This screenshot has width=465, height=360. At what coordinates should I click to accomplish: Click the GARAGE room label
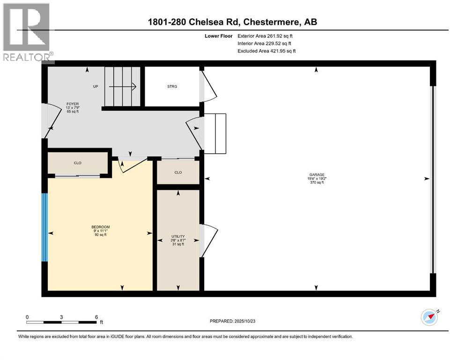click(x=316, y=174)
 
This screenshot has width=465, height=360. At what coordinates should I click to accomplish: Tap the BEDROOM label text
click(x=100, y=227)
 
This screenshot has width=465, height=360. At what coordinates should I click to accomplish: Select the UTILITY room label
click(x=178, y=236)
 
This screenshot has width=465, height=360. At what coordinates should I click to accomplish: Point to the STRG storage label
click(x=172, y=86)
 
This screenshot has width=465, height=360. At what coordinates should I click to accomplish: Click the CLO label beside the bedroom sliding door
click(x=78, y=163)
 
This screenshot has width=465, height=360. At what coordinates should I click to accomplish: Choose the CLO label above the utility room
click(x=178, y=172)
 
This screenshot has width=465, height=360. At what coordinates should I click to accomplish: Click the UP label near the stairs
click(x=96, y=86)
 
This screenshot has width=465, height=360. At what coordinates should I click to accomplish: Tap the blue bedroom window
click(x=44, y=227)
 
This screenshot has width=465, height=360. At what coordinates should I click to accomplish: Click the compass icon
click(x=429, y=317)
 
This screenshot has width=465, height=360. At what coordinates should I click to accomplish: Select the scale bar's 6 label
click(x=96, y=317)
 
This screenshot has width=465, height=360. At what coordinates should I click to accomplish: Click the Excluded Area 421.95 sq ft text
click(x=266, y=51)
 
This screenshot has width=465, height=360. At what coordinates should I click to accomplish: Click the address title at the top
click(x=232, y=22)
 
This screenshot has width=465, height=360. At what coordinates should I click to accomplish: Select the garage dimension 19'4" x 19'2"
click(x=316, y=178)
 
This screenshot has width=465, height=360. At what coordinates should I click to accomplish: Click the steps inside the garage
click(x=215, y=134)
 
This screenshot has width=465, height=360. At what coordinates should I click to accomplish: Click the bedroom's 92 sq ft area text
click(x=100, y=235)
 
